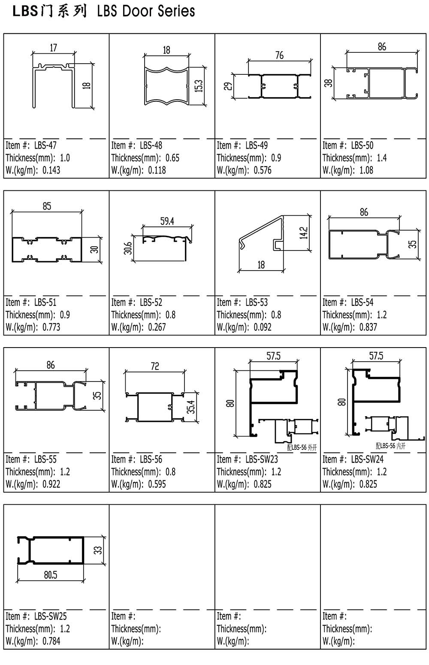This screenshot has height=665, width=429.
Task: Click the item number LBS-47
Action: click(45, 146)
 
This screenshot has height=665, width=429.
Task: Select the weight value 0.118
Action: click(157, 170)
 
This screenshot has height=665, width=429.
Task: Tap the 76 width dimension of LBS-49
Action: click(279, 55)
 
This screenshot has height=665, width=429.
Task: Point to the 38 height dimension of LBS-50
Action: click(328, 82)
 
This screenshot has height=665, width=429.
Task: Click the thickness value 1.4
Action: click(381, 158)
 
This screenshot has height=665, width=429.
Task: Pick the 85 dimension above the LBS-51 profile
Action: click(47, 206)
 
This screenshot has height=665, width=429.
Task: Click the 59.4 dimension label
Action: click(167, 221)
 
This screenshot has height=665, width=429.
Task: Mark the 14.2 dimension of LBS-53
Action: click(304, 233)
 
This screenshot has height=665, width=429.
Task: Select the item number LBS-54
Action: click(363, 302)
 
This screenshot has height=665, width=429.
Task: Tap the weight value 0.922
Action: click(51, 484)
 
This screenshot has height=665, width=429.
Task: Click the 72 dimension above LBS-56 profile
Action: click(155, 366)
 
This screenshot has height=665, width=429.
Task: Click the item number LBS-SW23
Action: click(262, 459)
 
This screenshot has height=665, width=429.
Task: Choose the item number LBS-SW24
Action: click(367, 459)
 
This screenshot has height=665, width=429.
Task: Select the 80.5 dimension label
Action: click(50, 575)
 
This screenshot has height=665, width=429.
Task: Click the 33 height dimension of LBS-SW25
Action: click(98, 550)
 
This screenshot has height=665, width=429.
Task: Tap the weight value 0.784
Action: click(51, 641)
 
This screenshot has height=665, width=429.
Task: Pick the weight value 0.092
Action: click(263, 327)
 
